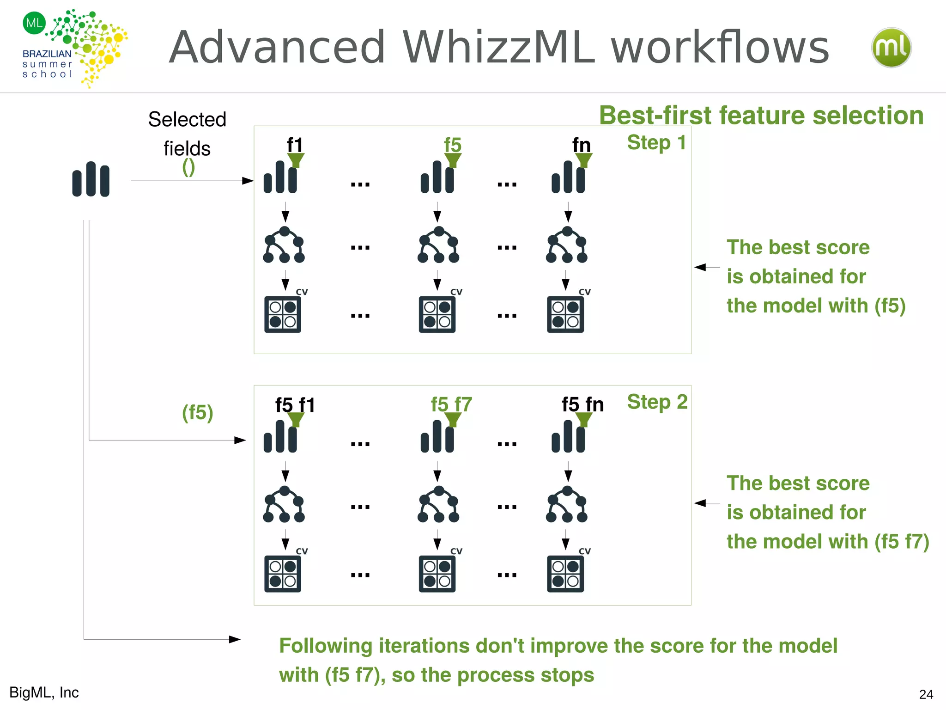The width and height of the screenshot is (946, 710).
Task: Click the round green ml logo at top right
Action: [x=891, y=48]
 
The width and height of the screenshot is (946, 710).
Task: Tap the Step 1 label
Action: [x=656, y=142]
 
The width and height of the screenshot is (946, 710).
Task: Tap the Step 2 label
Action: [x=657, y=402]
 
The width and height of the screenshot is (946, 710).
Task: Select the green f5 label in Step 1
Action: [x=452, y=145]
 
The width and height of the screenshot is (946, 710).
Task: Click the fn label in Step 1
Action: [x=581, y=145]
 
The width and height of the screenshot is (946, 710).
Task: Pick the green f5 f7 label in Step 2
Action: [x=451, y=404]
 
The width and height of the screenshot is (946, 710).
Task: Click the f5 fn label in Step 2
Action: [x=582, y=404]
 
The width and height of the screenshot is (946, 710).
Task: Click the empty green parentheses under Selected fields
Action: [x=188, y=167]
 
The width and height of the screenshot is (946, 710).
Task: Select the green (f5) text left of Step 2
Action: [x=197, y=412]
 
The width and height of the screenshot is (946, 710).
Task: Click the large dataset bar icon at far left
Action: [x=91, y=179]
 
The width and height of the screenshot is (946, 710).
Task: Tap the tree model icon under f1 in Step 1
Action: [x=284, y=245]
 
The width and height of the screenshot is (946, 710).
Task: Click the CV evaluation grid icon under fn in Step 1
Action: [x=565, y=314]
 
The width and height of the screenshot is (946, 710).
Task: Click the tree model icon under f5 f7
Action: [x=438, y=504]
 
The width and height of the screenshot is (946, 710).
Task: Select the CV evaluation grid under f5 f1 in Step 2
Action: [x=283, y=574]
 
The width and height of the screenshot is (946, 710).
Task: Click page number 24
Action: [x=926, y=694]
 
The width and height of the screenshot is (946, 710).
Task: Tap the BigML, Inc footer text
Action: [x=44, y=692]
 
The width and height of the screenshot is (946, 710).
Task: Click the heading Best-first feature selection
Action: [x=761, y=115]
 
